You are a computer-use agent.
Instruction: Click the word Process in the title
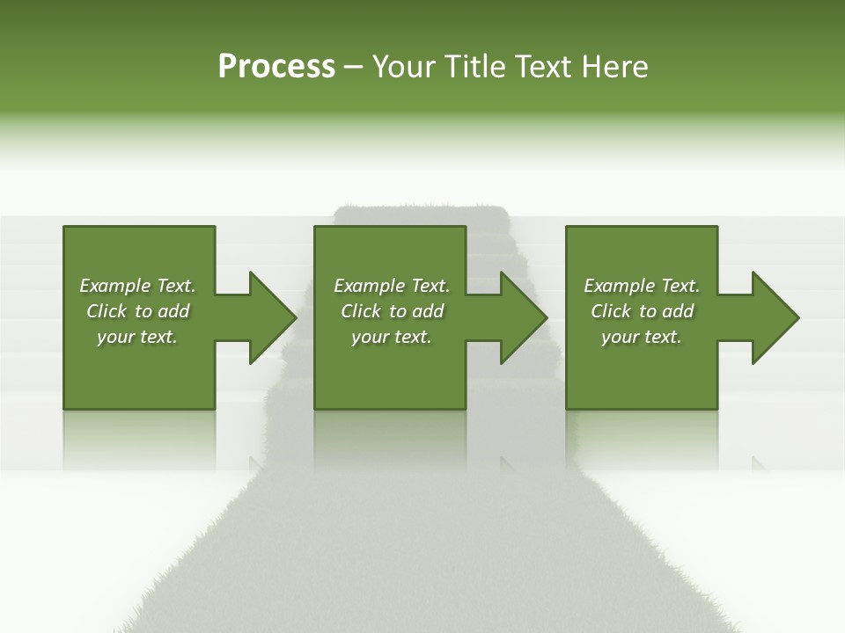276,67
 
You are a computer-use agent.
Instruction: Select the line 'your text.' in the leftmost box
137,337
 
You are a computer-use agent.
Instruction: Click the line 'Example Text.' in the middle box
392,286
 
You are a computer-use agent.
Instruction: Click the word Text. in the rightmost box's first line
680,286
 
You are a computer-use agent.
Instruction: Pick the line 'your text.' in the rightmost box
642,337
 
